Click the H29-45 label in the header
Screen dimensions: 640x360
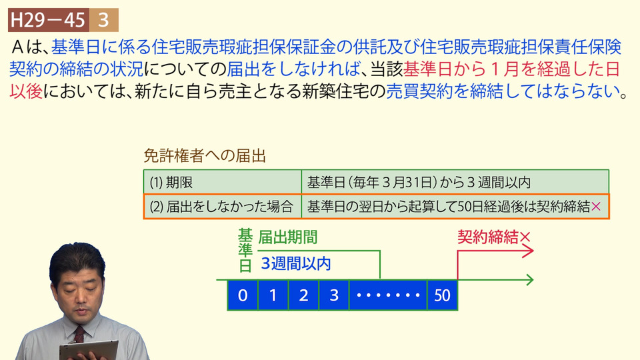pos(48,20)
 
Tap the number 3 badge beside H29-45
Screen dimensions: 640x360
pos(104,20)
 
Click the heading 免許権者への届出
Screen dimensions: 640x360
pos(205,155)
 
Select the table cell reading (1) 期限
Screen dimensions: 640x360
pos(223,182)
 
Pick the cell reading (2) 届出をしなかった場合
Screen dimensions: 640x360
pos(223,207)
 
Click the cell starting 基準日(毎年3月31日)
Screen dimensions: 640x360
pos(455,182)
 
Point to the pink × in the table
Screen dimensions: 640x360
pos(596,207)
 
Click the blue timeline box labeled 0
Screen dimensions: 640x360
pos(243,295)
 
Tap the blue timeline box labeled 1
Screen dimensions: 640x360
pos(273,295)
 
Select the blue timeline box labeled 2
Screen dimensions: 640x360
pos(304,295)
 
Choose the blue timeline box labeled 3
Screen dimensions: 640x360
pos(334,295)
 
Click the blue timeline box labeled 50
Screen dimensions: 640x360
pos(442,295)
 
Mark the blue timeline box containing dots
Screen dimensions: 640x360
pos(388,295)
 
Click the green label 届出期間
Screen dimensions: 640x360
pos(288,237)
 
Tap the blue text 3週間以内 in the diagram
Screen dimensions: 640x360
pos(296,264)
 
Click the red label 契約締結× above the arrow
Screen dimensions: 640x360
pos(494,237)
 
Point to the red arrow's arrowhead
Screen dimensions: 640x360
pos(528,252)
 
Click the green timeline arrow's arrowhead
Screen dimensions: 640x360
pos(529,279)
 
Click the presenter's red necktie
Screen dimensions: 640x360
pos(79,335)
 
